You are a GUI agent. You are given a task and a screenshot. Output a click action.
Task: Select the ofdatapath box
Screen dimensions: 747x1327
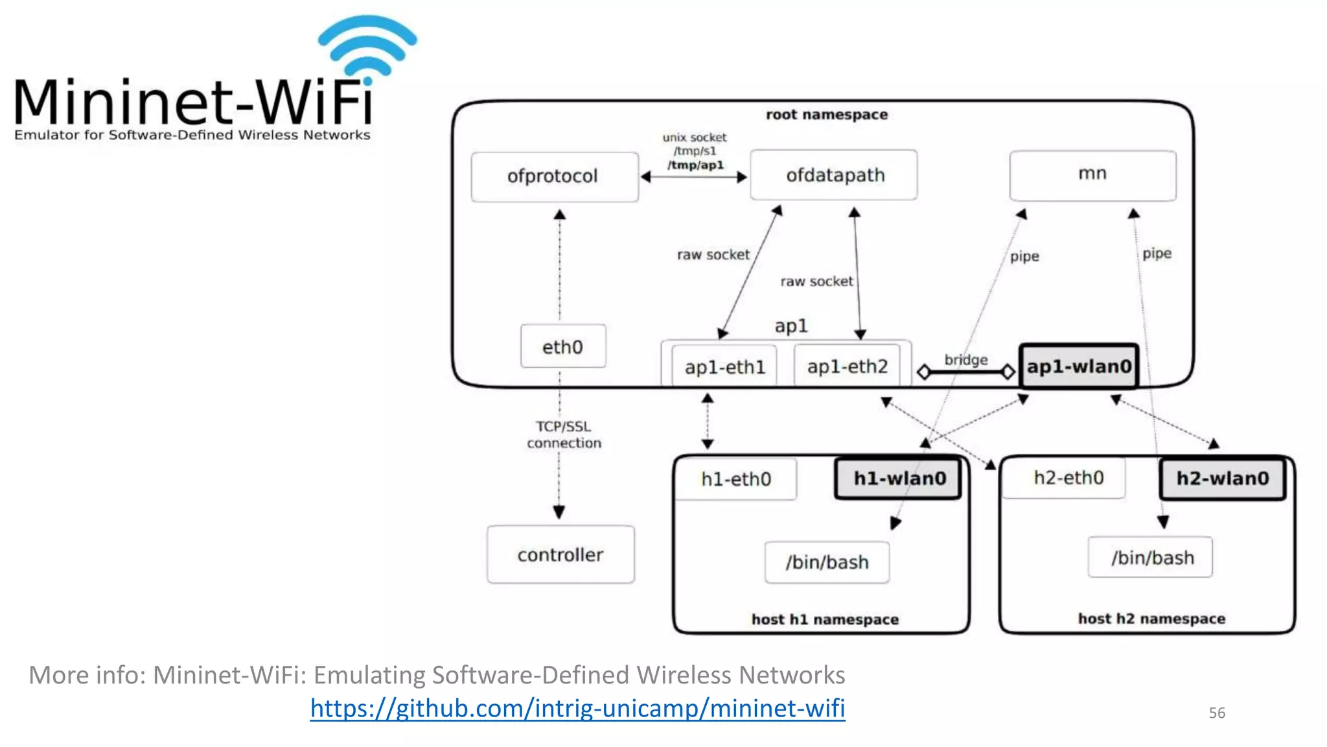[x=834, y=175]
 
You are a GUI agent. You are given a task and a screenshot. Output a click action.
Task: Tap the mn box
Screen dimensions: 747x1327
[x=1092, y=174]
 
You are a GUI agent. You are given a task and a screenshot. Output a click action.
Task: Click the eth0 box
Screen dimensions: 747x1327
[x=562, y=347]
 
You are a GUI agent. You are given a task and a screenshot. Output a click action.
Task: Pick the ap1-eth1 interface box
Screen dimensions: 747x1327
[x=724, y=367]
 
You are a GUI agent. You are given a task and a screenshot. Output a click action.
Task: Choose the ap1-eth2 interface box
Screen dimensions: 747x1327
[x=847, y=367]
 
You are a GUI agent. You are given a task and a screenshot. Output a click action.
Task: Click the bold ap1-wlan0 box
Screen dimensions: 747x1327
[x=1079, y=366]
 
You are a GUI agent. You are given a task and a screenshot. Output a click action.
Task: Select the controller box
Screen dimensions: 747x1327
[x=560, y=555]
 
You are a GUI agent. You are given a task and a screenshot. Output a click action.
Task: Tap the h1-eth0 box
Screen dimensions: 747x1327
[x=735, y=479]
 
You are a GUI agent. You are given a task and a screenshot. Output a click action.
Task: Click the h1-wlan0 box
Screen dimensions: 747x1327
[x=899, y=479]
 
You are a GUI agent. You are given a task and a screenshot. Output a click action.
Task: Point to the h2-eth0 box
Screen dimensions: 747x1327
[x=1068, y=478]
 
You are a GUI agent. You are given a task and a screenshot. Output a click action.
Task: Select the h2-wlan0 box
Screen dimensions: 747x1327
[x=1222, y=479]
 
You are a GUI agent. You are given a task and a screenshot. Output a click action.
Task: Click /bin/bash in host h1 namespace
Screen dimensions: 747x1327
[x=827, y=562]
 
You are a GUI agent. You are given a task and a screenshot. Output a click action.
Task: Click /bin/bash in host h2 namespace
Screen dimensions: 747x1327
[x=1151, y=558]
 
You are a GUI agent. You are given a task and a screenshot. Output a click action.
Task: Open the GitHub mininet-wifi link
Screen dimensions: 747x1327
[x=577, y=708]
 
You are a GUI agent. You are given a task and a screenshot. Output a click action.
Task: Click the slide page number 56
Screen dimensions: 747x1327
[x=1216, y=713]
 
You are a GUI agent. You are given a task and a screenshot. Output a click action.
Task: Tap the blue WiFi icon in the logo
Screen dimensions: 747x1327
[x=367, y=45]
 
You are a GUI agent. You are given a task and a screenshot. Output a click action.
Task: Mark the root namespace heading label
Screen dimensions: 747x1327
[x=826, y=115]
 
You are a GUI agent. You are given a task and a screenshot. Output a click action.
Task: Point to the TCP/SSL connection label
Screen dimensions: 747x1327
[x=564, y=434]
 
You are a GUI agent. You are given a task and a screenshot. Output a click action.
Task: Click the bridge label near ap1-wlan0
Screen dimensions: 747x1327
[x=965, y=360]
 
